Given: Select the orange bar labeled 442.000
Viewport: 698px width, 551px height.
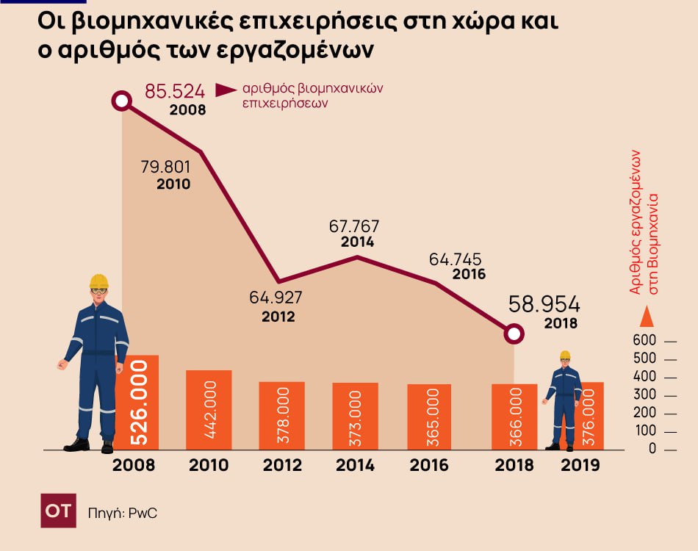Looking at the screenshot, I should pos(209,410).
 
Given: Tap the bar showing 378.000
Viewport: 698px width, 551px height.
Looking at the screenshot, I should pos(281,416).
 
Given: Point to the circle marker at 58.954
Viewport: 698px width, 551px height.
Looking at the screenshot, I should pos(515,334).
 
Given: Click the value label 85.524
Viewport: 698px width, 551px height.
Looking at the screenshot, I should pos(174,92).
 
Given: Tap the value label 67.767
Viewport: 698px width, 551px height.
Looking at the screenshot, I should pos(353,226).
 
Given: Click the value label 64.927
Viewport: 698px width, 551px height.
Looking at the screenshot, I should pos(276,298).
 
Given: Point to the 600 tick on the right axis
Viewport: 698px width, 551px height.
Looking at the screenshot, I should pos(644,342).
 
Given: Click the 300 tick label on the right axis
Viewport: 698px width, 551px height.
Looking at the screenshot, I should pos(644,396).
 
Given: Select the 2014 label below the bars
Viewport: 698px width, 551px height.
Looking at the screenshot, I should pos(355,465).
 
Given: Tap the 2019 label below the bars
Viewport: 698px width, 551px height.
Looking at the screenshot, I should pos(580,465).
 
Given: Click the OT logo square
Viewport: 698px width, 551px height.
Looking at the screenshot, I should pos(58,511).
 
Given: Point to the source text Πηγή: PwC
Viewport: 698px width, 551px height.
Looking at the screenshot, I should pos(123,513).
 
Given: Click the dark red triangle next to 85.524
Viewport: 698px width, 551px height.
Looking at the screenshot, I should pos(225,90).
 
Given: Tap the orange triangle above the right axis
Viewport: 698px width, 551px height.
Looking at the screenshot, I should pos(647,317).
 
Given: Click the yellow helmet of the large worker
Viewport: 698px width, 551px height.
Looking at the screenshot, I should pos(98,281).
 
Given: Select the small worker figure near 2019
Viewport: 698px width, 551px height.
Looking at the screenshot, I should pos(564,400).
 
